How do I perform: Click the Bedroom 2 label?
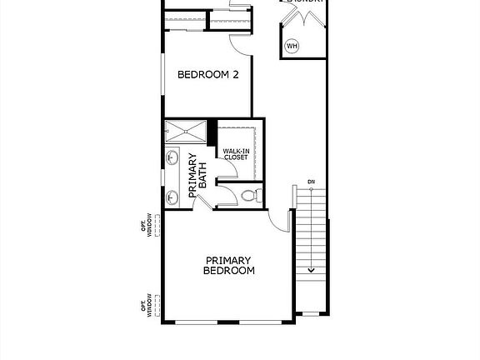click(208, 74)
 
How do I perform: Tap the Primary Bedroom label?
click(229, 266)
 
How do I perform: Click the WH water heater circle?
click(292, 46)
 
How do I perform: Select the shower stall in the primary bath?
click(184, 131)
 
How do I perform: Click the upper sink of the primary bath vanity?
click(172, 157)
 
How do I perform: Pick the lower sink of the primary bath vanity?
click(172, 197)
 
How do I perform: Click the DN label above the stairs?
click(311, 181)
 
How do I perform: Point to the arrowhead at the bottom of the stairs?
click(311, 269)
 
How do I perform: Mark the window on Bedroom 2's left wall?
click(162, 75)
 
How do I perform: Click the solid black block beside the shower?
click(212, 132)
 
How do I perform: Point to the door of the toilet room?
click(225, 197)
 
